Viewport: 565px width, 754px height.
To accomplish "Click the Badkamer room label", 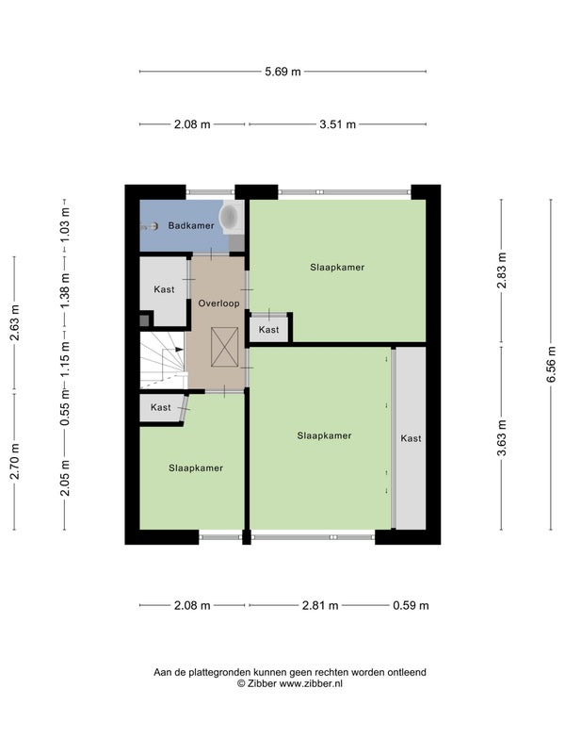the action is click(x=191, y=225).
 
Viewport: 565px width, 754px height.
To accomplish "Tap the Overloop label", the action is click(x=218, y=303).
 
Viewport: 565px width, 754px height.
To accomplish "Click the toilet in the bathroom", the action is click(x=232, y=217).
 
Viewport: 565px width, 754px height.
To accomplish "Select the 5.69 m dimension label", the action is click(x=283, y=72).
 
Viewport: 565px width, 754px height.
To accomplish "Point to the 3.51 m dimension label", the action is click(x=338, y=124).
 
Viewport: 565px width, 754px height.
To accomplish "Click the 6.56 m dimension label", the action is click(x=551, y=365).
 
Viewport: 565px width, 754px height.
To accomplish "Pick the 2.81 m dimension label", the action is click(x=320, y=605).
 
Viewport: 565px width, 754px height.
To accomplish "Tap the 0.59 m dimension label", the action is click(x=411, y=605).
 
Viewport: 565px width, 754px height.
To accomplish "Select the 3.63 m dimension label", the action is click(x=502, y=437).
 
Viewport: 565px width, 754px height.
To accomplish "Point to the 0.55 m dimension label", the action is click(x=65, y=408).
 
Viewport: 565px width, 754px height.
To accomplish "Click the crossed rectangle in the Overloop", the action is click(x=224, y=347).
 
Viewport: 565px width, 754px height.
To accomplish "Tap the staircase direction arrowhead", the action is click(x=179, y=350).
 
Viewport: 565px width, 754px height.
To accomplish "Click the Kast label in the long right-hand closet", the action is click(x=411, y=438).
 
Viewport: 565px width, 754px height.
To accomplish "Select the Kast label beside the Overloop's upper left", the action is click(x=164, y=289).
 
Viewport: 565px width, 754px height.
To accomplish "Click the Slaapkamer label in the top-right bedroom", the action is click(x=337, y=268).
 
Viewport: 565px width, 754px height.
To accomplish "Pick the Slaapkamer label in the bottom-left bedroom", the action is click(x=196, y=467).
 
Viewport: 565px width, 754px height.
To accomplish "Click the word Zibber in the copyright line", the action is click(x=263, y=684).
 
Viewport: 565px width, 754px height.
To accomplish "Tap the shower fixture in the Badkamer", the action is click(x=150, y=226).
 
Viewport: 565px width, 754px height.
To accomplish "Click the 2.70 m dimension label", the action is click(x=14, y=462).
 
